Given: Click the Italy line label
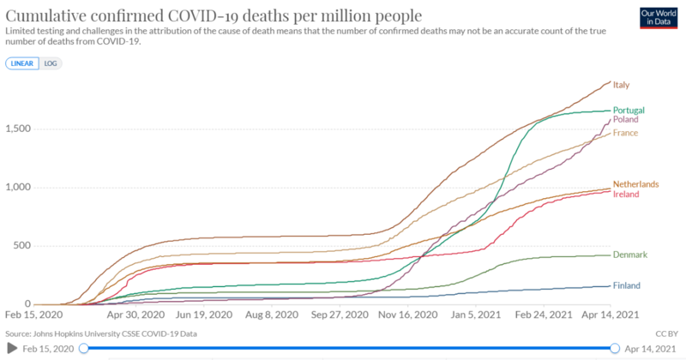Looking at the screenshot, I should pos(622,85).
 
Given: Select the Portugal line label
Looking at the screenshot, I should pos(629,110).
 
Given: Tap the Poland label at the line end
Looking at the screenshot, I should pos(625,120).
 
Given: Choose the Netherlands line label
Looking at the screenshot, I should pos(635,184).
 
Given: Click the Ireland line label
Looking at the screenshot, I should pos(626,195).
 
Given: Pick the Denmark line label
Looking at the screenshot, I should pos(629,255).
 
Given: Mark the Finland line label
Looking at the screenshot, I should pos(627,285).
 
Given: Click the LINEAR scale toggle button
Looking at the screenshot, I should pos(22,63).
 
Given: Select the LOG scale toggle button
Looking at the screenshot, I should pos(51,63).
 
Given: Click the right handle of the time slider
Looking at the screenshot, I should pos(615,348).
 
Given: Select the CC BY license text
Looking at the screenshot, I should pos(668,333).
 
